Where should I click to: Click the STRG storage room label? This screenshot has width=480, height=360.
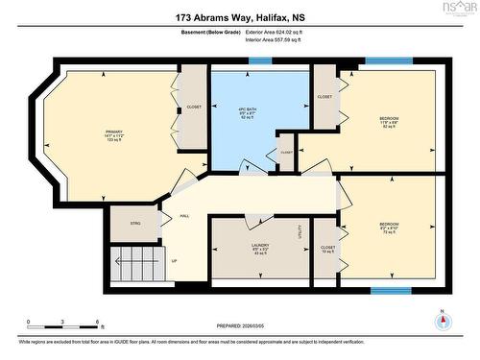(135, 225)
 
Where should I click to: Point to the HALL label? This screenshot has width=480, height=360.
(184, 216)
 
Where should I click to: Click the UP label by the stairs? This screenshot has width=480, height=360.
(174, 260)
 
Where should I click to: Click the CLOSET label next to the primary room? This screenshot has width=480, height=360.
(194, 107)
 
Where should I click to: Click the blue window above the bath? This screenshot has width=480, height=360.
(260, 61)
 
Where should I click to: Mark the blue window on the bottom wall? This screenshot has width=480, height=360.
(391, 289)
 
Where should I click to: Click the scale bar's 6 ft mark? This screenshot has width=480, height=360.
(98, 323)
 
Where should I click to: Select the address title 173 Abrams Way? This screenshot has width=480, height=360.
(239, 17)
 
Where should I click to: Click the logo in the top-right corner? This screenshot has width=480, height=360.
(460, 9)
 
